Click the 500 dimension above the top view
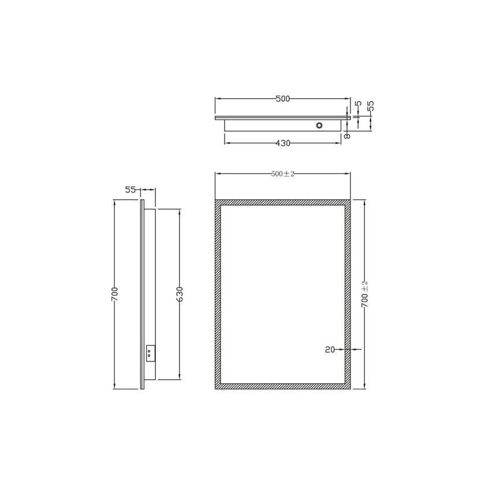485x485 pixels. (x=282, y=99)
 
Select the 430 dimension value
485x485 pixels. (x=282, y=143)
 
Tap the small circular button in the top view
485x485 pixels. (x=319, y=125)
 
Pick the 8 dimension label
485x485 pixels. (x=347, y=135)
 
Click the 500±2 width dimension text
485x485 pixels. (x=282, y=174)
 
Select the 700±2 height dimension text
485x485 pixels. (x=364, y=294)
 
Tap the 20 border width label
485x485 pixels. (x=331, y=349)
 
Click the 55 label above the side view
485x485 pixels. (x=130, y=189)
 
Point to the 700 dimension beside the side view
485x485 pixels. (x=115, y=294)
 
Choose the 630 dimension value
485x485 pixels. (x=180, y=294)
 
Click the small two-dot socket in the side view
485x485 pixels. (x=150, y=352)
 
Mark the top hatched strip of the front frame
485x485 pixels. (x=282, y=203)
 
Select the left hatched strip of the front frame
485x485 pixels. (x=218, y=294)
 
